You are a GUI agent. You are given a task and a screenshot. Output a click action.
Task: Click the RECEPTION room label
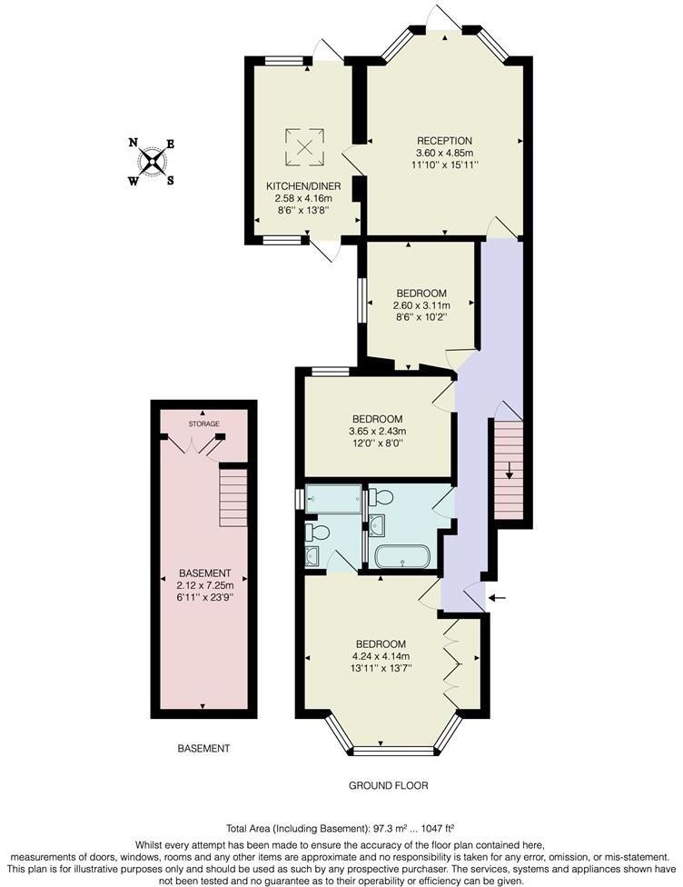444,141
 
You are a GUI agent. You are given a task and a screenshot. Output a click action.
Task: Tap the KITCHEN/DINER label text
291,185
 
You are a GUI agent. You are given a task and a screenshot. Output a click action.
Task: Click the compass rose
152,161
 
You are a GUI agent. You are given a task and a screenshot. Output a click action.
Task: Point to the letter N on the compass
134,143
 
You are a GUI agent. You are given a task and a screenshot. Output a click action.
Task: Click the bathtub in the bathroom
401,556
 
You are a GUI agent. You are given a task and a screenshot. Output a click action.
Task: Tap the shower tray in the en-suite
332,499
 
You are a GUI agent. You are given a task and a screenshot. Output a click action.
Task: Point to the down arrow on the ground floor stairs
510,470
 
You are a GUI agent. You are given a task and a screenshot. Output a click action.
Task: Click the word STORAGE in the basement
203,424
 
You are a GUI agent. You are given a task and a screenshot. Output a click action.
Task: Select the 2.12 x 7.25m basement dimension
203,585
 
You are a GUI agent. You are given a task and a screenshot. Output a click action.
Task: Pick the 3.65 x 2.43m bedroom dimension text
378,431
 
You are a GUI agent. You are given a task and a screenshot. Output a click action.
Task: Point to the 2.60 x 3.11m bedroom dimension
421,305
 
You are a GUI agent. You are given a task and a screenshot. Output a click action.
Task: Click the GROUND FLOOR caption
388,785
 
